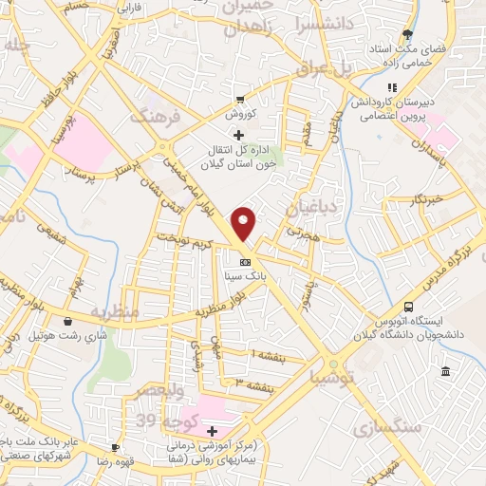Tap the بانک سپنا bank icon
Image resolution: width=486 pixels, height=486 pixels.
tap(245, 262)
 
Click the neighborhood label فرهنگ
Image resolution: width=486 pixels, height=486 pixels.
tap(154, 118)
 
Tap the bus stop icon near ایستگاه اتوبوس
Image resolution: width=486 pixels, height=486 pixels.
tap(408, 308)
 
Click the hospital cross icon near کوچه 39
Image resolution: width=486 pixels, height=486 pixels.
tap(212, 431)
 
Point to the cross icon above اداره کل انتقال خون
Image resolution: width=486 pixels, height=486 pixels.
tap(238, 136)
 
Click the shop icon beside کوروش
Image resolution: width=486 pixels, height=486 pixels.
tap(241, 99)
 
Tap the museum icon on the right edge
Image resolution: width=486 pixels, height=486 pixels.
tap(445, 369)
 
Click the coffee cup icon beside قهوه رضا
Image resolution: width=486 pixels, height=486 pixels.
tap(115, 447)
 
